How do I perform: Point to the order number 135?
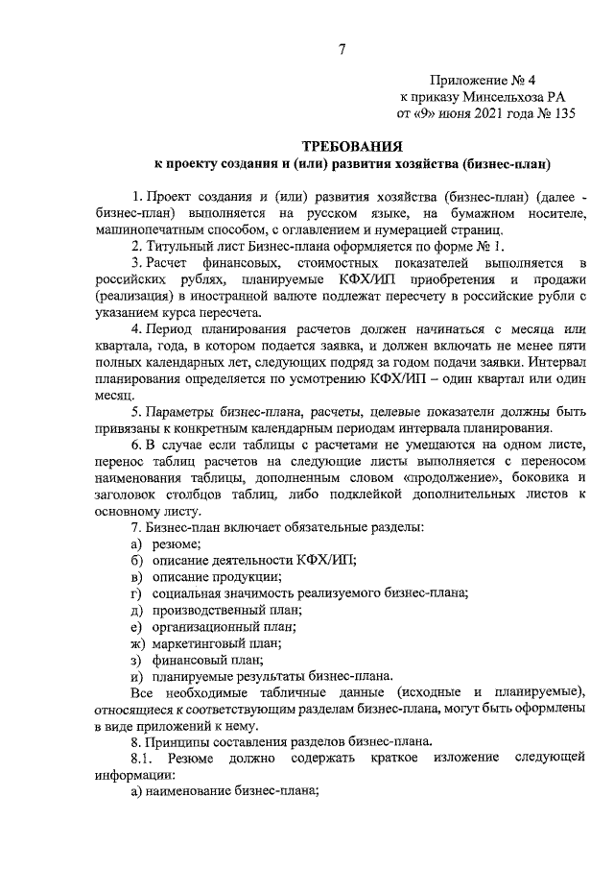coord(558,113)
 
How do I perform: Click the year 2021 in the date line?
coord(484,113)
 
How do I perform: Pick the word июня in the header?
coord(445,113)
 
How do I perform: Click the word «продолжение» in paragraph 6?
coord(434,477)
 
